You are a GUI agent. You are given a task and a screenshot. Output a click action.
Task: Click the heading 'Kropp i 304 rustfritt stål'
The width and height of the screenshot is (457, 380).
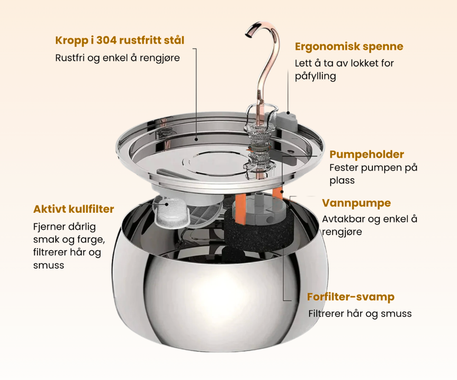coord(120,41)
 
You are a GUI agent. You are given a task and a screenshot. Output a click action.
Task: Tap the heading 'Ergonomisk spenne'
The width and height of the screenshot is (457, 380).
coord(349,47)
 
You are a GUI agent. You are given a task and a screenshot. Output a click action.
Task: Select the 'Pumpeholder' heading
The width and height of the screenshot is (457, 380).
coord(366,155)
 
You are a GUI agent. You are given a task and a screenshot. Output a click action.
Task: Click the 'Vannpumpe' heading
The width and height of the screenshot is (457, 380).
coord(356,203)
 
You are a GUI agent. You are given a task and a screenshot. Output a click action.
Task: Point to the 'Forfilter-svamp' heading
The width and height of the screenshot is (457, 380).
coord(351,297)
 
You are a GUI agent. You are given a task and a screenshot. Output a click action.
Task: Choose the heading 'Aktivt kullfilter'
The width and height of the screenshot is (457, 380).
coord(74,209)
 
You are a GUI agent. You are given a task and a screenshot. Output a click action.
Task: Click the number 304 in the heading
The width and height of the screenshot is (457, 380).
coord(106,41)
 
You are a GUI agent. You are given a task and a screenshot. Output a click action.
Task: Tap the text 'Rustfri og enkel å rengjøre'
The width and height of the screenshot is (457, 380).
coord(118,58)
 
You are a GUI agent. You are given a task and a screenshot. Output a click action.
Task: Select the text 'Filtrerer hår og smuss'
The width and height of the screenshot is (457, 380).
coord(360,314)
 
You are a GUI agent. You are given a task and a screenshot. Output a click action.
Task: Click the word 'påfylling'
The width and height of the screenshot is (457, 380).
coord(315,76)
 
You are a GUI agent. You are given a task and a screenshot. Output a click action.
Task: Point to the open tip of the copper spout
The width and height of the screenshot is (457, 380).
coord(248,35)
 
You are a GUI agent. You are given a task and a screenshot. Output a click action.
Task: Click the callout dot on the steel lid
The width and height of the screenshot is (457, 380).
coord(196,139)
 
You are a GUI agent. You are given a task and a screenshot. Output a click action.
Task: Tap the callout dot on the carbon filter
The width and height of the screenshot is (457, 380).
coord(167,204)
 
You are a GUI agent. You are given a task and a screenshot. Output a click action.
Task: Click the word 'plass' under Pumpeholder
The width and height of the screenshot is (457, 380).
coord(342,181)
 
